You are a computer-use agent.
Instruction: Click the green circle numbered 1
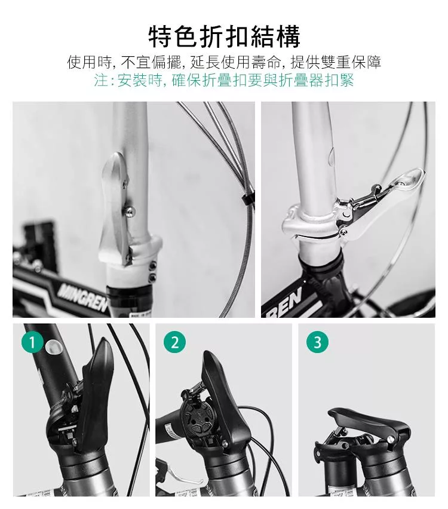pos(32,342)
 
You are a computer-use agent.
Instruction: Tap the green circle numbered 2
pos(174,342)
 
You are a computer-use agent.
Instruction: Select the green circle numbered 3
pos(318,342)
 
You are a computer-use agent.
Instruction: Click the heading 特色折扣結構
pos(225,36)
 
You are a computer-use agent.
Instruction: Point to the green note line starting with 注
pos(224,80)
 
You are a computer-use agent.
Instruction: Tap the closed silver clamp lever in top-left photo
pos(114,208)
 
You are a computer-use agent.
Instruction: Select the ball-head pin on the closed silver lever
pos(130,211)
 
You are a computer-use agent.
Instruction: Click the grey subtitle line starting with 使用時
pos(224,62)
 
